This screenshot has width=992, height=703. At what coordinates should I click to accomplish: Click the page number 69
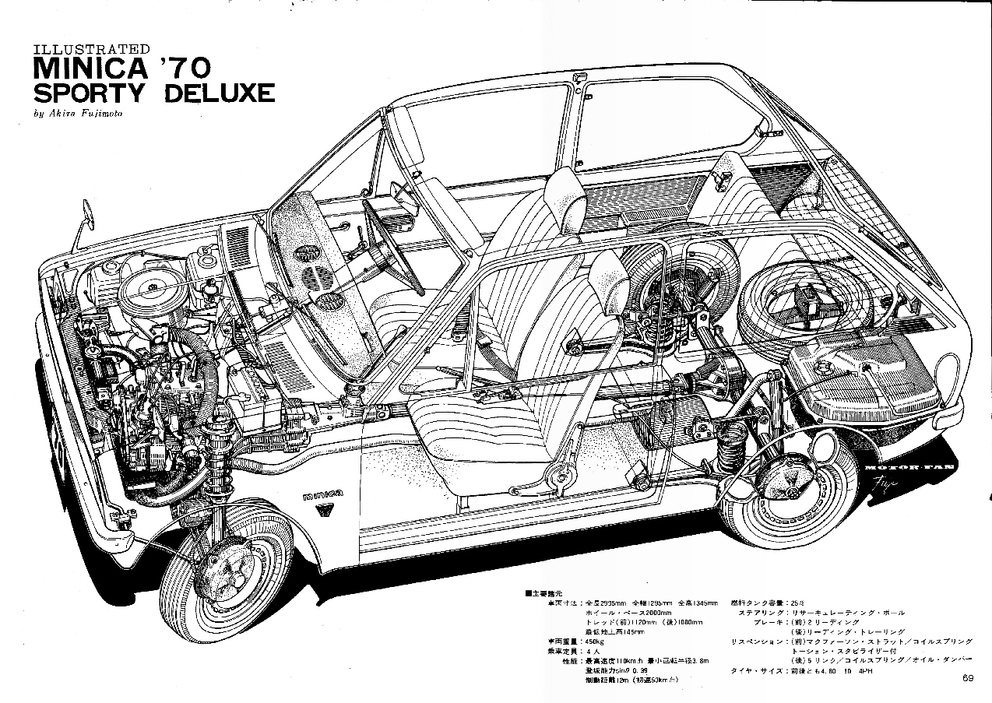(967, 677)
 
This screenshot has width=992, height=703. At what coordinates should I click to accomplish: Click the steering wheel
(393, 249)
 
